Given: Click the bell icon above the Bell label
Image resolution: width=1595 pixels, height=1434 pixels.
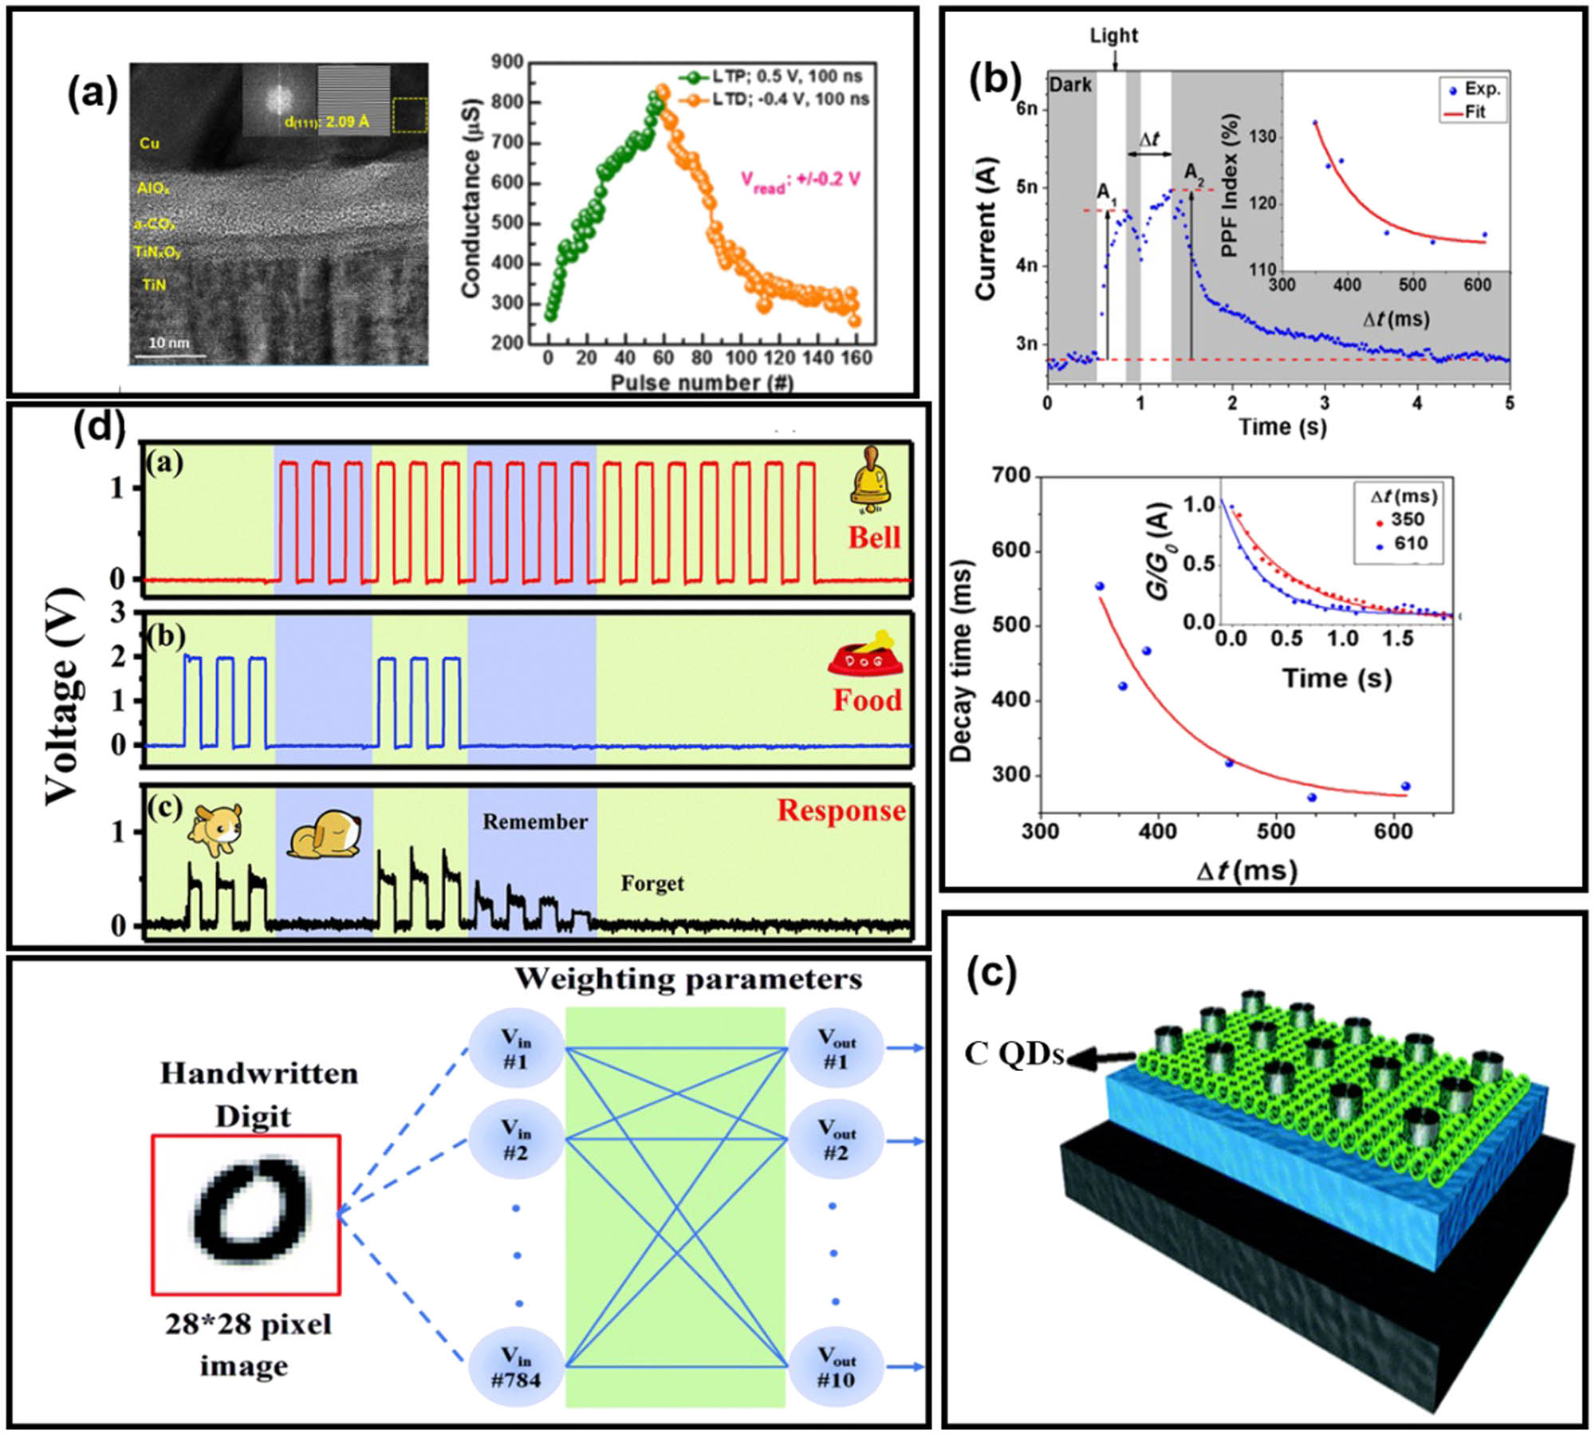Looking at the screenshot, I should click(x=869, y=480).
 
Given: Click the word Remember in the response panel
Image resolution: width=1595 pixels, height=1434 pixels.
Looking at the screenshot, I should click(x=534, y=821).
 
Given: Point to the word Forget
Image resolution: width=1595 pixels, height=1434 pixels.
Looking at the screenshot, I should click(x=652, y=883).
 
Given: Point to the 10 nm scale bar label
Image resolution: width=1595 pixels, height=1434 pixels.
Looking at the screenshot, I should click(x=169, y=343).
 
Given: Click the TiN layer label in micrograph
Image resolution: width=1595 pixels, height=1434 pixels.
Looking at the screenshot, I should click(x=154, y=284).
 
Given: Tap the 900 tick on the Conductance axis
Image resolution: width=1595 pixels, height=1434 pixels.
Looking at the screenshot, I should click(x=507, y=62).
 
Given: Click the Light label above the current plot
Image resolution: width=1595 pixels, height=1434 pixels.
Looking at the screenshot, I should click(x=1113, y=36).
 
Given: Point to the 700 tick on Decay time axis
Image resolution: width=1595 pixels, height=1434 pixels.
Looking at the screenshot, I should click(x=1010, y=476).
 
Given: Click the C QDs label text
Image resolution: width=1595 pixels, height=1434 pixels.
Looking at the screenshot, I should click(x=1014, y=1054).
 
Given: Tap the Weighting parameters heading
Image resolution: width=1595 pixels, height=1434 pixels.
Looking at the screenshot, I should click(x=687, y=979).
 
